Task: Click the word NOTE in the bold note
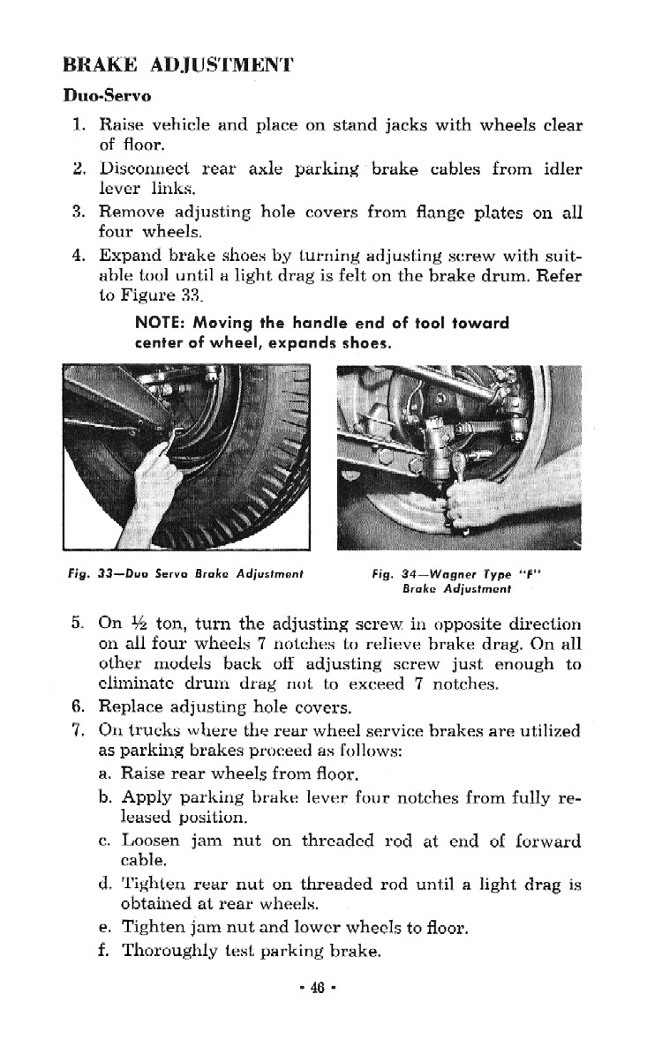tap(154, 323)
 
